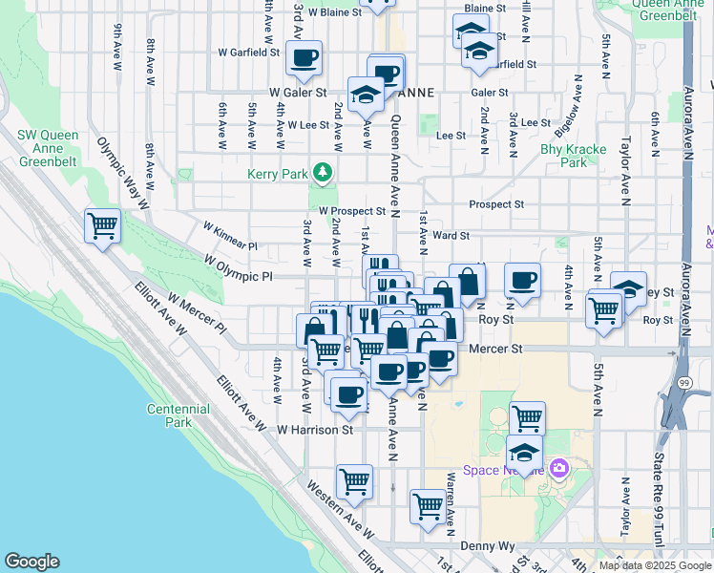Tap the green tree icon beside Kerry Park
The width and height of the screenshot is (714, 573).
point(324,172)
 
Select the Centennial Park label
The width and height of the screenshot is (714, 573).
point(178,415)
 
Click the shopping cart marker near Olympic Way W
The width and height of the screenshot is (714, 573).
point(102,227)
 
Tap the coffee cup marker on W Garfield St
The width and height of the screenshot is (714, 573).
point(304,58)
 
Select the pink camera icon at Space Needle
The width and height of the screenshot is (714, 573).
point(559,468)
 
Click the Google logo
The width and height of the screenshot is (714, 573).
point(31,561)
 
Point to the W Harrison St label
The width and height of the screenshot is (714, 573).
point(315,431)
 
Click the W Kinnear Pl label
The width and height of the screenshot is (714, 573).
point(230,236)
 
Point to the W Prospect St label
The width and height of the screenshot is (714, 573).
point(351,210)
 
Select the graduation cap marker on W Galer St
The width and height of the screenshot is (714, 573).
point(366,95)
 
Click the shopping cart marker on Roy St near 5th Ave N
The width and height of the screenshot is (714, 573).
point(603,309)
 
